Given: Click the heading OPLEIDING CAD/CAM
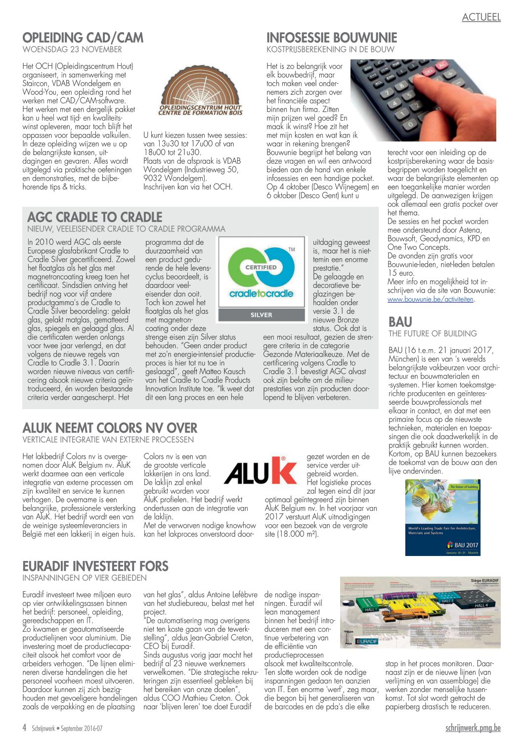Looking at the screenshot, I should tap(83, 38).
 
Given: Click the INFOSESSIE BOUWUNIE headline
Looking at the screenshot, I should tap(332, 38).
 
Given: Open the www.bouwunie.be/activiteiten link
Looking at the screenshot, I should tap(431, 299).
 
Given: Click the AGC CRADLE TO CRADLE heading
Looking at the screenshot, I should tap(95, 217).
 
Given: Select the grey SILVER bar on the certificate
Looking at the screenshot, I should tap(261, 315).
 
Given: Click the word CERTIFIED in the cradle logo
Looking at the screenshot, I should tap(261, 267).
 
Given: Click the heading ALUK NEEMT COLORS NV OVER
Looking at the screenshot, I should tap(110, 428).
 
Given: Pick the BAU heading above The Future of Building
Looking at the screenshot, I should tap(400, 322).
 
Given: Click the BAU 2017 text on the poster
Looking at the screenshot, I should tap(466, 545).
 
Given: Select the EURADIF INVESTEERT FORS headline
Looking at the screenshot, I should tap(95, 566).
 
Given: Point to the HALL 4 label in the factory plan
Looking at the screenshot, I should tap(481, 605).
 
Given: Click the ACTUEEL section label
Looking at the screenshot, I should tap(481, 17).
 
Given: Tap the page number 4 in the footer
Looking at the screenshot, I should tap(25, 728).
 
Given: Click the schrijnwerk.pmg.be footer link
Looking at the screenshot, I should tap(473, 728).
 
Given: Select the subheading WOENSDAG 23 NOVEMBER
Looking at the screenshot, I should tap(72, 49).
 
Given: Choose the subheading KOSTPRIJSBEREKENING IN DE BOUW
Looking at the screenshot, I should tap(330, 49).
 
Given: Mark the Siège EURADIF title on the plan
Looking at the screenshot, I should tap(484, 581).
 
